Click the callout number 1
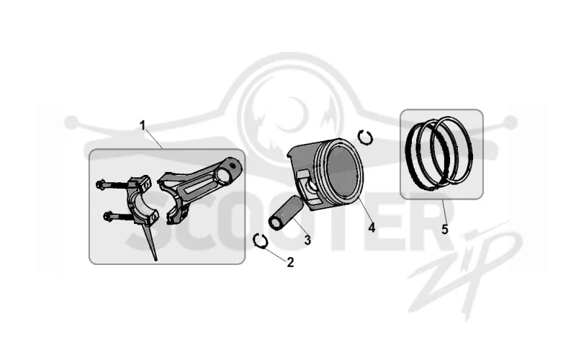pyautogui.click(x=143, y=125)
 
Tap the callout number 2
pyautogui.click(x=290, y=262)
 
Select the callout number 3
pyautogui.click(x=307, y=240)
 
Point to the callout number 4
pyautogui.click(x=372, y=228)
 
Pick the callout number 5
pyautogui.click(x=445, y=230)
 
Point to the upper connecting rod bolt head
pyautogui.click(x=100, y=184)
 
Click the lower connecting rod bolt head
pyautogui.click(x=107, y=217)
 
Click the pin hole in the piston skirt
pyautogui.click(x=312, y=186)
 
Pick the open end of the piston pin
pyautogui.click(x=275, y=223)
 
